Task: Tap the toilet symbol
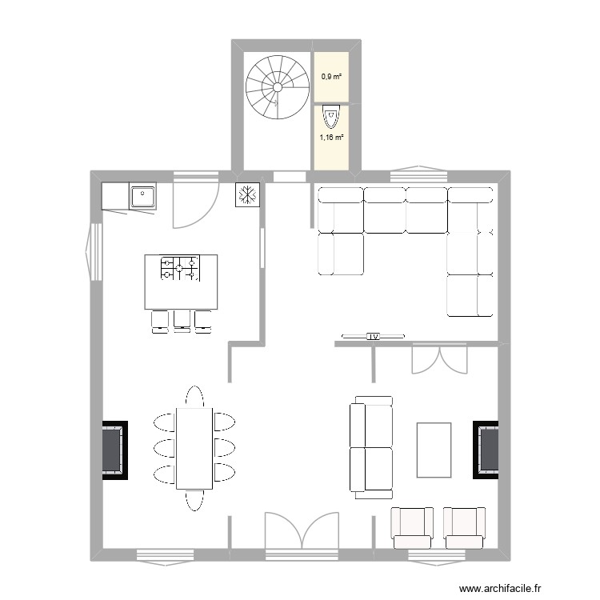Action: click(331, 118)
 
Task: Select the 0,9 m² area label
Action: click(330, 77)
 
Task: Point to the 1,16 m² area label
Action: click(331, 137)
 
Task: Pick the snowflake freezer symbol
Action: click(246, 194)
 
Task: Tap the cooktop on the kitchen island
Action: click(180, 268)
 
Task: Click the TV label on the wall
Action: click(373, 337)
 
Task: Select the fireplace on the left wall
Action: click(114, 450)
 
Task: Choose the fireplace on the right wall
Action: click(486, 450)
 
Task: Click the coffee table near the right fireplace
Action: click(434, 450)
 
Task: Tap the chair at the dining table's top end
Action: click(194, 397)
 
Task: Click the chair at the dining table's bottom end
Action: click(194, 499)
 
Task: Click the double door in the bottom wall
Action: click(302, 532)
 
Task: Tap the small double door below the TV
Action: click(438, 358)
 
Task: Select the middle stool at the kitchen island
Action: click(182, 320)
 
